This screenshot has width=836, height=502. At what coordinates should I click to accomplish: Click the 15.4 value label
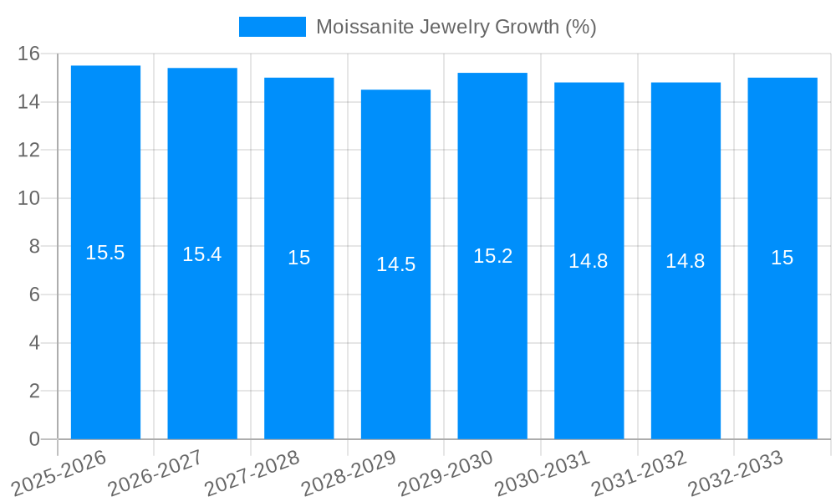click(202, 254)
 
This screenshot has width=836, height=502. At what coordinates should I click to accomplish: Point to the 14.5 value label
click(395, 264)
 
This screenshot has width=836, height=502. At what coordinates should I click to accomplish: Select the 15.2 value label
click(492, 256)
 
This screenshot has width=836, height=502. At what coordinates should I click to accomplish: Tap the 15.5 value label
click(105, 253)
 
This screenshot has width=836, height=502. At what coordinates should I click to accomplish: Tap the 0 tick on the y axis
click(34, 439)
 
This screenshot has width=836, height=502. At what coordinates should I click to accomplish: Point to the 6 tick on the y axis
click(34, 295)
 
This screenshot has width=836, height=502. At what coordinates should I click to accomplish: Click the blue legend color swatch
click(272, 27)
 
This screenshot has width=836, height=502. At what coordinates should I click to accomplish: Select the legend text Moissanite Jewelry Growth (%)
click(456, 27)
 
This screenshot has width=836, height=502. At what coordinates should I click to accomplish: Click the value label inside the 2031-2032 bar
click(685, 261)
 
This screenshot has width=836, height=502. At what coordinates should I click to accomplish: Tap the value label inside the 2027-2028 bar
click(298, 258)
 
